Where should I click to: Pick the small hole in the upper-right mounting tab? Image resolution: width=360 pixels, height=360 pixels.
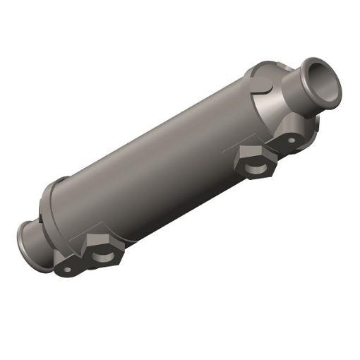coord(289,140)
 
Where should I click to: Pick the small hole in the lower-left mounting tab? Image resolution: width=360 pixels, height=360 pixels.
coord(67,268)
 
